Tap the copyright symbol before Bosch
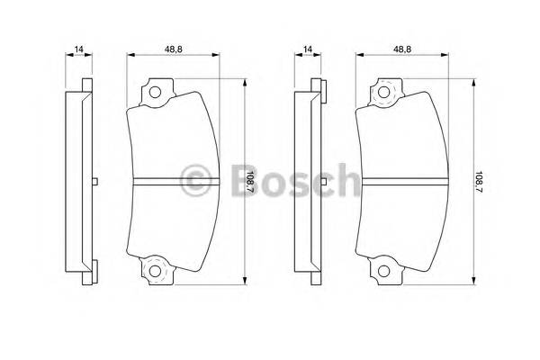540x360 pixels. click(x=195, y=179)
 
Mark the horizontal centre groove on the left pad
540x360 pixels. click(x=173, y=181)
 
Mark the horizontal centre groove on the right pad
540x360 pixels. click(x=401, y=181)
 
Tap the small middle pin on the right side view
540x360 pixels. click(x=322, y=181)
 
